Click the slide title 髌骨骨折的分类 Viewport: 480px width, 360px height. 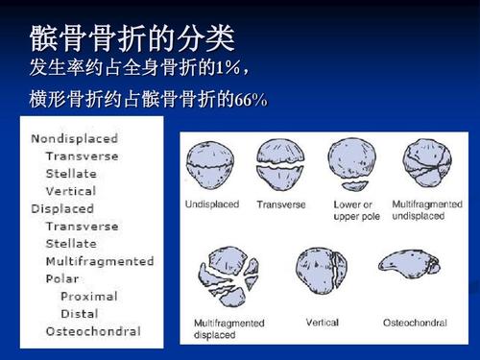132,39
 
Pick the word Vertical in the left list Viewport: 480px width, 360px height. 71,191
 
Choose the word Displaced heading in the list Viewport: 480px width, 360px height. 62,208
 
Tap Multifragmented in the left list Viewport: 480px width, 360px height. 100,261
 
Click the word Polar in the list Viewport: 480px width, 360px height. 62,278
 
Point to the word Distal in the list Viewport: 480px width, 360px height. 80,313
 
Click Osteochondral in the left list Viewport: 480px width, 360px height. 93,331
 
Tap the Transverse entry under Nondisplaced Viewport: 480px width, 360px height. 83,156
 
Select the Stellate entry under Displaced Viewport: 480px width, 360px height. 71,244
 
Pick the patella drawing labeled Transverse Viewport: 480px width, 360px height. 279,164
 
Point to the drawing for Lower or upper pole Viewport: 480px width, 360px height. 351,164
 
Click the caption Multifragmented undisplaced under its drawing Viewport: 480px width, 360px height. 427,210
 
